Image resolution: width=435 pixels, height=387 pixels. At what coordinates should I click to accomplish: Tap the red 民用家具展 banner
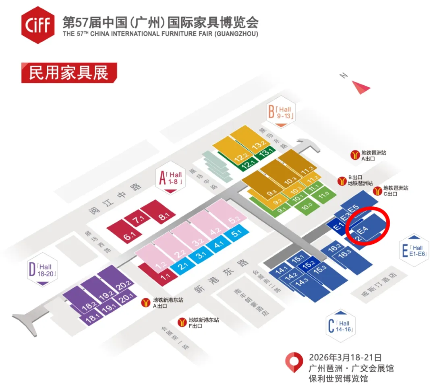click(69, 73)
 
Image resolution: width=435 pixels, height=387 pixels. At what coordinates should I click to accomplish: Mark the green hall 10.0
click(307, 206)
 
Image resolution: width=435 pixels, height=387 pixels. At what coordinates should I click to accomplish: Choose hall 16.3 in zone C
click(344, 254)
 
